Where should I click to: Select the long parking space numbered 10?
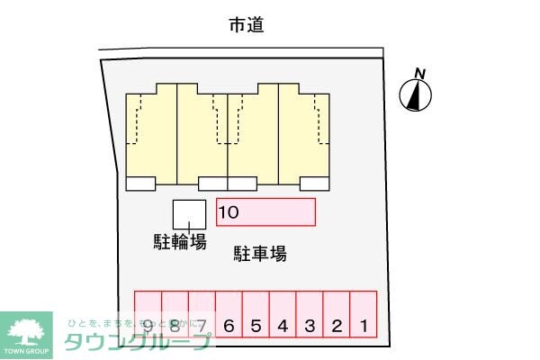pos(265,211)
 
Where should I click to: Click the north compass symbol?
pos(416,94)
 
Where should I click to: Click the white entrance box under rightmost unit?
pos(314,184)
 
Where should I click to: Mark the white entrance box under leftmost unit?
pos(139,184)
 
